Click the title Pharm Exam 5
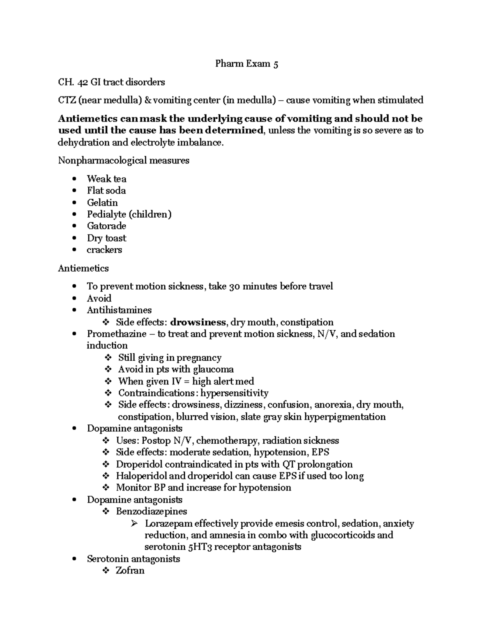coord(246,64)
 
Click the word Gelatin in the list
coord(102,203)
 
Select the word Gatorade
coord(106,226)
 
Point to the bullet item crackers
coord(104,250)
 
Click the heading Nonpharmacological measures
coord(123,161)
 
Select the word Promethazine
coord(116,334)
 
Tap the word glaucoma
coord(213,369)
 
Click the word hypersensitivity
coord(234,393)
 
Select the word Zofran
coord(130,571)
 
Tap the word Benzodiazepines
coord(151,511)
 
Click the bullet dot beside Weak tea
coord(74,179)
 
